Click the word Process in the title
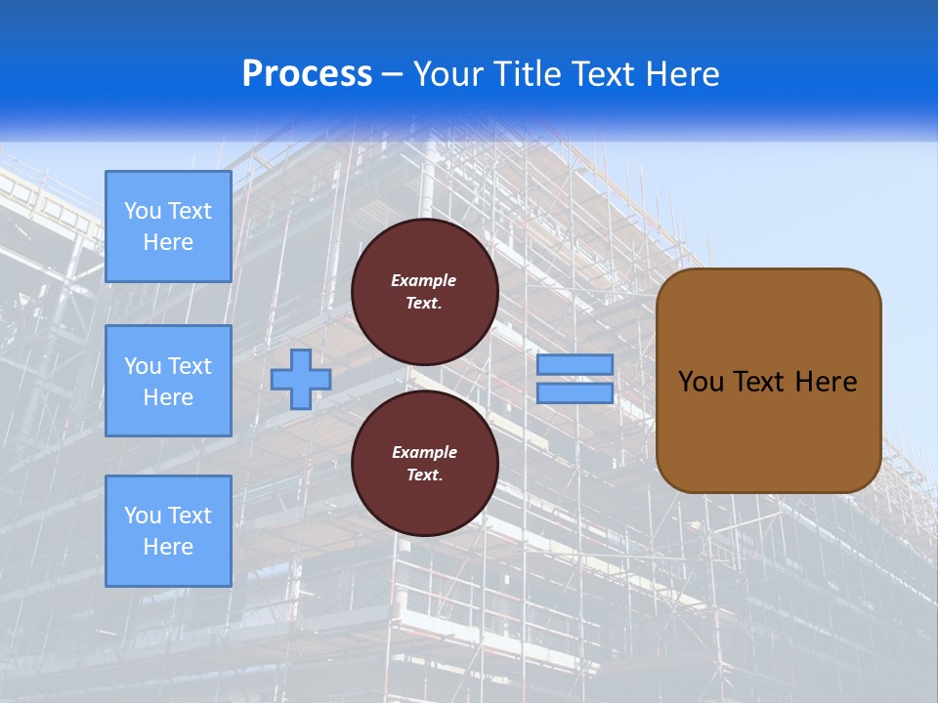pyautogui.click(x=307, y=74)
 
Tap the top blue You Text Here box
pyautogui.click(x=168, y=227)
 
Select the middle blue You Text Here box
pyautogui.click(x=168, y=381)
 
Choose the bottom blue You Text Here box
pyautogui.click(x=168, y=531)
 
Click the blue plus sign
pyautogui.click(x=300, y=379)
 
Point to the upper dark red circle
pyautogui.click(x=424, y=291)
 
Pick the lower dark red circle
pyautogui.click(x=424, y=463)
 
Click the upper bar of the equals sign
pyautogui.click(x=575, y=364)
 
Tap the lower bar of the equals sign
pyautogui.click(x=575, y=393)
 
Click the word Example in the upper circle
pyautogui.click(x=423, y=280)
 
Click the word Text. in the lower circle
pyautogui.click(x=424, y=475)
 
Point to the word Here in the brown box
pyautogui.click(x=826, y=382)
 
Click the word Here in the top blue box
pyautogui.click(x=168, y=242)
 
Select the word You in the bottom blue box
pyautogui.click(x=142, y=516)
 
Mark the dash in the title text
pyautogui.click(x=392, y=74)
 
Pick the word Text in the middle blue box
pyautogui.click(x=190, y=366)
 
